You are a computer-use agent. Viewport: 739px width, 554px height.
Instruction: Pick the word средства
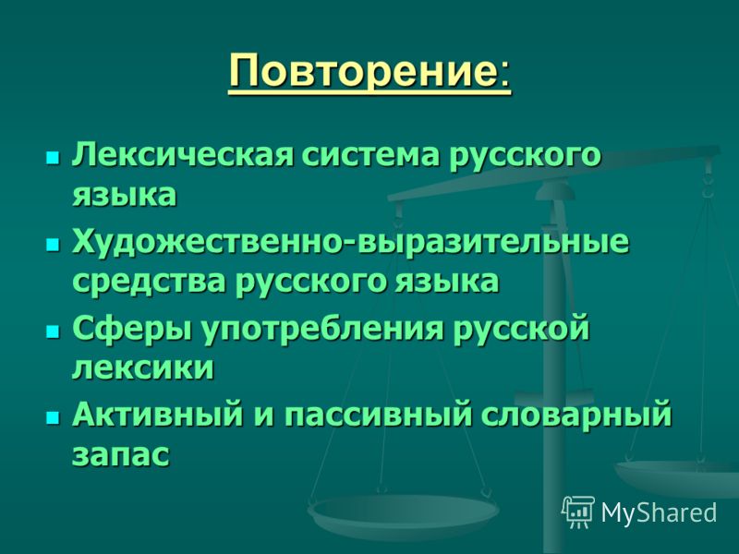[149, 282]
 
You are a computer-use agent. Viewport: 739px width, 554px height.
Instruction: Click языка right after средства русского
[446, 283]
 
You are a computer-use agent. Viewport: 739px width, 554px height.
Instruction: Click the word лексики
[143, 367]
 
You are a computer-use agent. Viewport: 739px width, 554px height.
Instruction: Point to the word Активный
[157, 415]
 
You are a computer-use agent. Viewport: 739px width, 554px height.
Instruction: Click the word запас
[121, 455]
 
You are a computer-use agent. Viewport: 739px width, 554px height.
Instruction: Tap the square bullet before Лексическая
[54, 157]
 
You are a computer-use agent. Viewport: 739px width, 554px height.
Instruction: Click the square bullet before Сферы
[54, 331]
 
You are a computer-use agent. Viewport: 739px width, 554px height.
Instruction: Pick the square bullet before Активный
[54, 416]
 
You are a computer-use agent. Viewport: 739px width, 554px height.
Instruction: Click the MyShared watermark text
[659, 512]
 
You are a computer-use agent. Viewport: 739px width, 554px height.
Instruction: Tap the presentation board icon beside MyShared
[579, 512]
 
